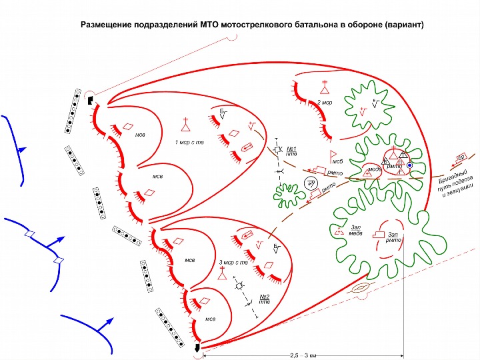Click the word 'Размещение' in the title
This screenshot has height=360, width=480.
pos(106,25)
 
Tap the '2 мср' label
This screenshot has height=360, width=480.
pos(325,103)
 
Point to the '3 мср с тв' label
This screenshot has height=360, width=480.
pos(233,261)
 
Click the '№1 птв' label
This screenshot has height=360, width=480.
pos(291,150)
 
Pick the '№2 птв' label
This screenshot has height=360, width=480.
pos(265,299)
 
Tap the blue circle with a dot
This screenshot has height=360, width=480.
pos(410,165)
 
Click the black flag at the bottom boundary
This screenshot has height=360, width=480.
pos(197,348)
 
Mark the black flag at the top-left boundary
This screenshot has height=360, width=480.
pos(89,100)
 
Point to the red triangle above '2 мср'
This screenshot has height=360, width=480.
pos(325,87)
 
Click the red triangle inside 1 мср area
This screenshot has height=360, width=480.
pos(186,125)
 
